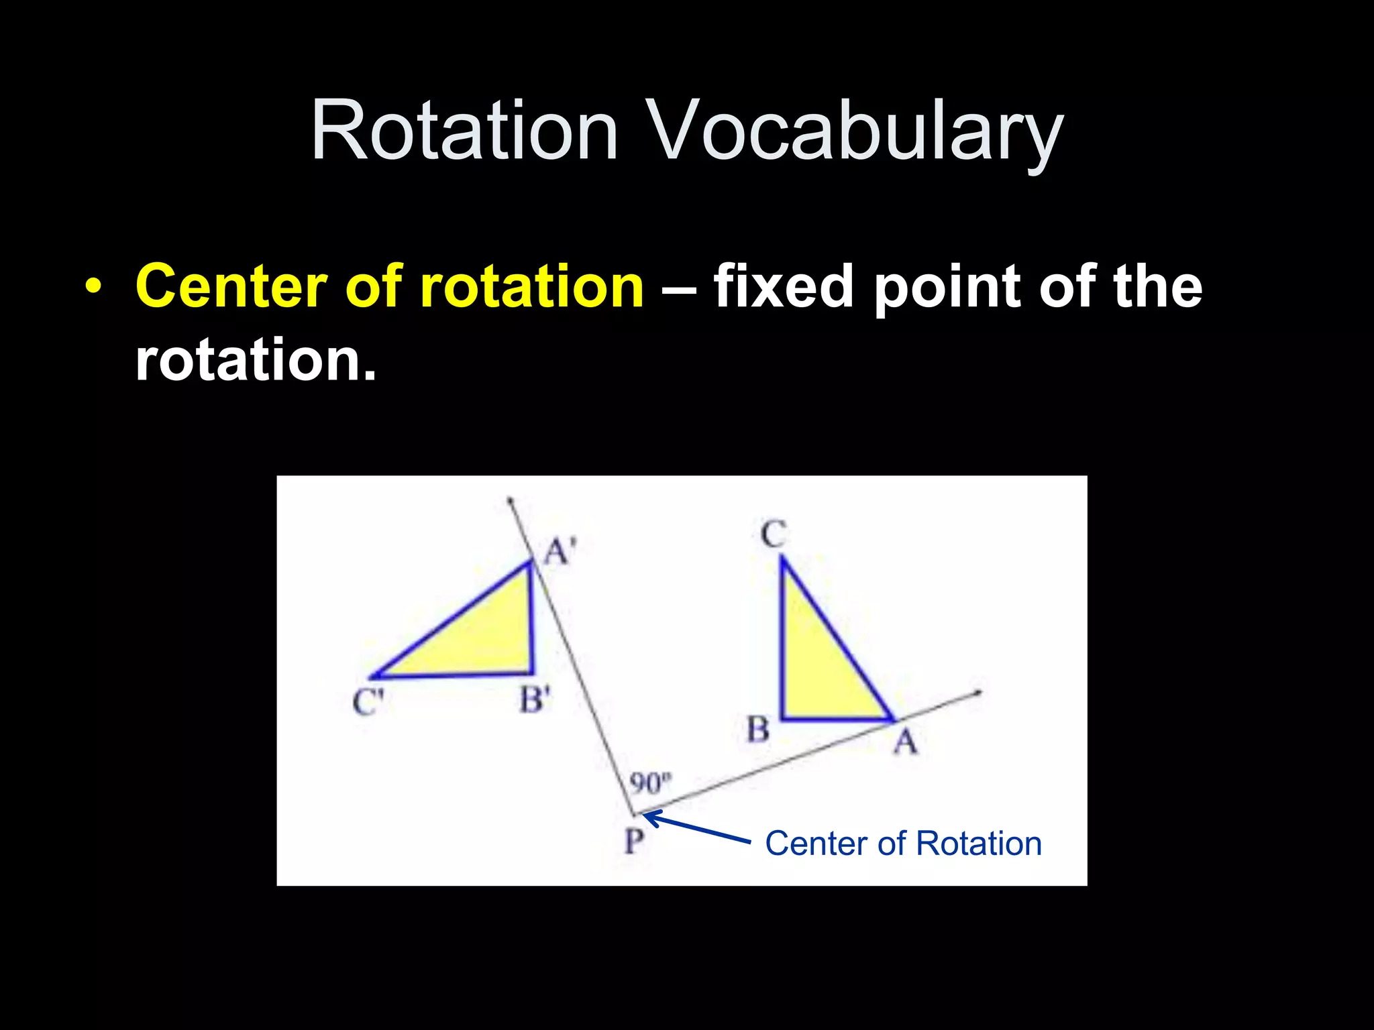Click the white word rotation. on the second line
click(x=255, y=360)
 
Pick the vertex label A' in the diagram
click(x=560, y=552)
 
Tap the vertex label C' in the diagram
click(x=368, y=703)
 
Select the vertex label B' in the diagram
click(x=535, y=700)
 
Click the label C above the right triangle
click(x=773, y=535)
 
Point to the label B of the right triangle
click(x=758, y=730)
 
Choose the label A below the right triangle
click(x=905, y=742)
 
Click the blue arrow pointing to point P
click(x=698, y=827)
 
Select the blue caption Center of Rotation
click(x=903, y=844)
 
